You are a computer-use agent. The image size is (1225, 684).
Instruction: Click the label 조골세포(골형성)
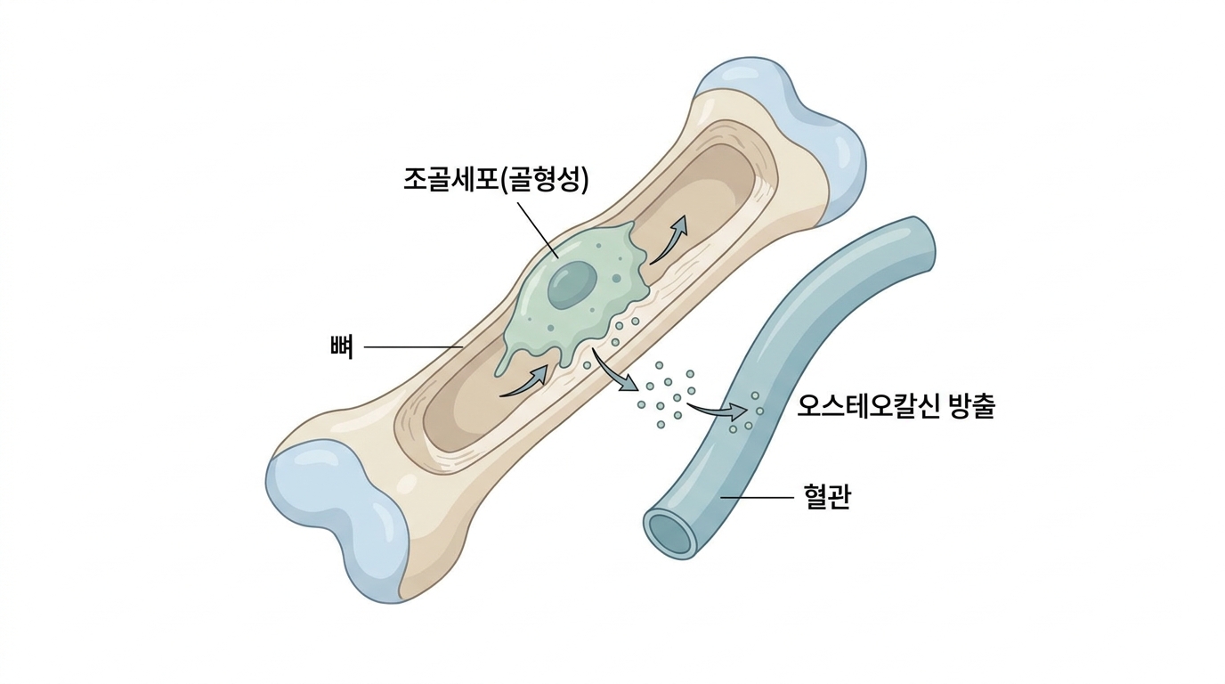[x=496, y=179]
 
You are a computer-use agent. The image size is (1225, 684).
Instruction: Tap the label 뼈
[x=343, y=347]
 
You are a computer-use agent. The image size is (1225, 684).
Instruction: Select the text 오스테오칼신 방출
[x=896, y=406]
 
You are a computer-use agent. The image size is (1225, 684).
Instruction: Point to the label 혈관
[x=827, y=497]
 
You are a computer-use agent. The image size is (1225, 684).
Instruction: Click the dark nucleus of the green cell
[x=572, y=283]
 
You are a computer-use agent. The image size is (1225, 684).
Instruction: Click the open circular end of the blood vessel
[x=671, y=533]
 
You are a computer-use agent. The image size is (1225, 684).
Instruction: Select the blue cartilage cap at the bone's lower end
[x=339, y=517]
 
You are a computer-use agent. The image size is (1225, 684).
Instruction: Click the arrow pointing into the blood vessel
[x=718, y=411]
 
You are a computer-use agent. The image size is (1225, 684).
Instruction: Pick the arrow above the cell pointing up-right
[x=669, y=240]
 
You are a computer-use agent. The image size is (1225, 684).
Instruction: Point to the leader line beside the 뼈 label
[x=413, y=347]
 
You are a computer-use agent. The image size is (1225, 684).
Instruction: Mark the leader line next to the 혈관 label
[x=758, y=497]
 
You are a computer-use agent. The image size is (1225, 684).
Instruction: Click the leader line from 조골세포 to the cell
[x=537, y=231]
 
